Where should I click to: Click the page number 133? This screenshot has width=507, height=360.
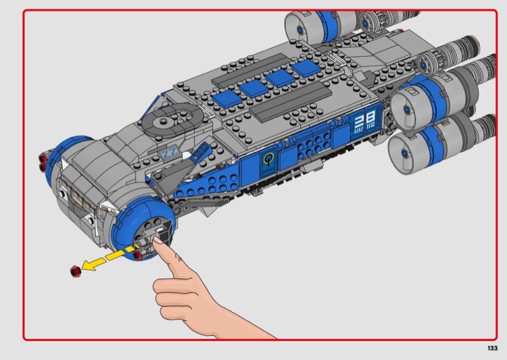click(x=492, y=348)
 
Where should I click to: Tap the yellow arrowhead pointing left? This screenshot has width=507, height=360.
click(x=88, y=265)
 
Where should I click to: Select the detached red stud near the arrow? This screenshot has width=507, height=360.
click(x=75, y=271)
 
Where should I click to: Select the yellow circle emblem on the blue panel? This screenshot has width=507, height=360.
click(x=268, y=159)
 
